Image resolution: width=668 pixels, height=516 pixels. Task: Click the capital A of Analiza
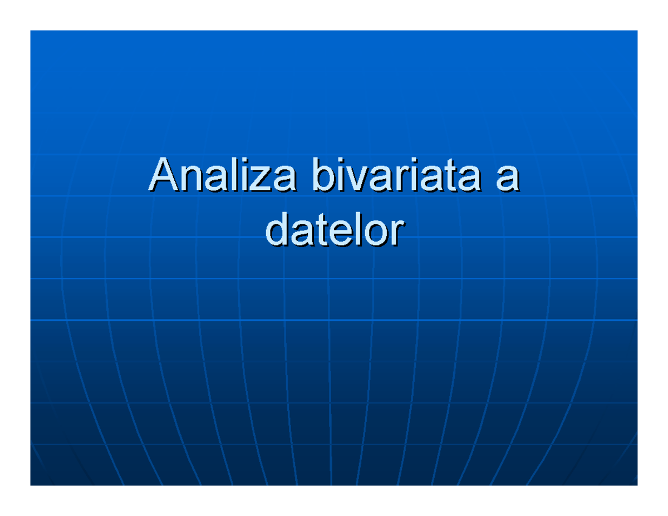click(x=161, y=174)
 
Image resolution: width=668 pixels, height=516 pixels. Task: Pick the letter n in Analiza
click(x=186, y=178)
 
